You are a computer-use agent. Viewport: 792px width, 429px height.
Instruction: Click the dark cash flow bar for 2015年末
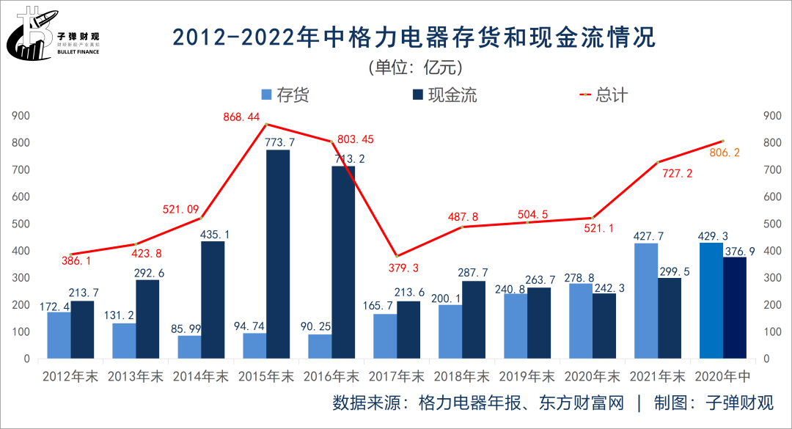coord(277,254)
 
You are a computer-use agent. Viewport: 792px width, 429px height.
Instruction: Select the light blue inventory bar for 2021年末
coord(646,301)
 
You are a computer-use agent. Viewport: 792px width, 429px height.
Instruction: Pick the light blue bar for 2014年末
coord(189,347)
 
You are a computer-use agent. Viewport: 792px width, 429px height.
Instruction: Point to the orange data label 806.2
coord(725,153)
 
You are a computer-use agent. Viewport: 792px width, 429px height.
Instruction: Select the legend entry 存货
coord(286,95)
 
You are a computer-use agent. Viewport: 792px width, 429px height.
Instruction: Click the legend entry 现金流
coord(444,95)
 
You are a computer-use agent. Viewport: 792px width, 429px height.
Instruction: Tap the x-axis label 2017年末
coord(397,377)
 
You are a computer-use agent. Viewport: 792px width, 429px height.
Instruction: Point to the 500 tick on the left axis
coord(21,224)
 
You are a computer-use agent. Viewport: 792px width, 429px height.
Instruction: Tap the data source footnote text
coord(554,403)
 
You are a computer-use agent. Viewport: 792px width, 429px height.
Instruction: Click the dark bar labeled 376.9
coord(735,308)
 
